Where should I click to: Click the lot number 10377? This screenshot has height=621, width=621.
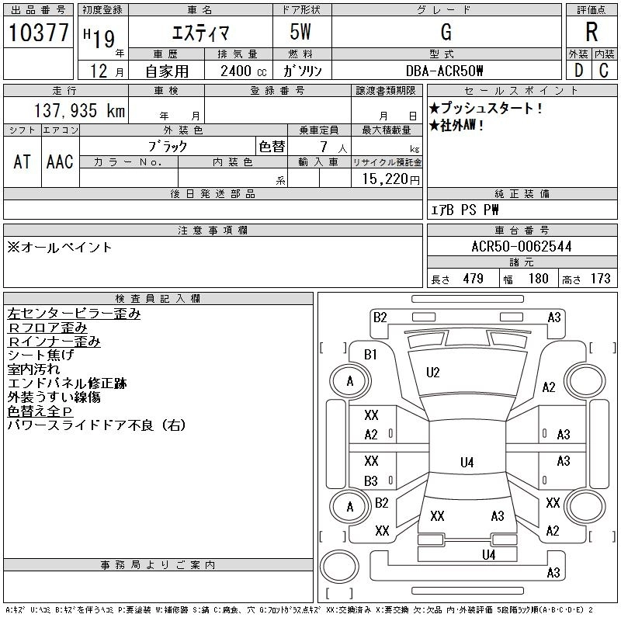pyautogui.click(x=38, y=32)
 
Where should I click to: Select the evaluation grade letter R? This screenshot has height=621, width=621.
pyautogui.click(x=592, y=32)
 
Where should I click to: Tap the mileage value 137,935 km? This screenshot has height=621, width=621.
pyautogui.click(x=79, y=110)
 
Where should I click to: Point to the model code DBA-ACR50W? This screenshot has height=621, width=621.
pyautogui.click(x=445, y=71)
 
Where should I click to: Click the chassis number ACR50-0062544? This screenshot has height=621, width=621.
pyautogui.click(x=522, y=247)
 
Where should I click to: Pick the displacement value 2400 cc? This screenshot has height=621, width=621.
pyautogui.click(x=244, y=71)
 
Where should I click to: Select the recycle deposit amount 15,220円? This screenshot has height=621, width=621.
pyautogui.click(x=390, y=179)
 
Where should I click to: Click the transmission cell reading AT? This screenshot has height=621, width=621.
pyautogui.click(x=23, y=161)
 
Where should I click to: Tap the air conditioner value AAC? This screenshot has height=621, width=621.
pyautogui.click(x=60, y=161)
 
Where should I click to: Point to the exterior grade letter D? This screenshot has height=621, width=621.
pyautogui.click(x=578, y=71)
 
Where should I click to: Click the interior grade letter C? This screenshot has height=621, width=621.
pyautogui.click(x=604, y=71)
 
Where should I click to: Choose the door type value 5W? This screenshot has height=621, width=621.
pyautogui.click(x=300, y=32)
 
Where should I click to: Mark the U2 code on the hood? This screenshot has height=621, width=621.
pyautogui.click(x=433, y=373)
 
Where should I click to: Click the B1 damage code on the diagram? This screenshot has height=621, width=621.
pyautogui.click(x=370, y=355)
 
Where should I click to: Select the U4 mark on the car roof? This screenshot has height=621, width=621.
pyautogui.click(x=467, y=462)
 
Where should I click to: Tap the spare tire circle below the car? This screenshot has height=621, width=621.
pyautogui.click(x=339, y=567)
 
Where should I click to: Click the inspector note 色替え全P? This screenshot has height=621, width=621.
pyautogui.click(x=40, y=411)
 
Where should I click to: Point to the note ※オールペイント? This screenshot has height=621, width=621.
pyautogui.click(x=60, y=248)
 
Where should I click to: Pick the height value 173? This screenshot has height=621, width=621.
pyautogui.click(x=600, y=279)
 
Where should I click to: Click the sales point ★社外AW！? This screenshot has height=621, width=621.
pyautogui.click(x=456, y=126)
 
